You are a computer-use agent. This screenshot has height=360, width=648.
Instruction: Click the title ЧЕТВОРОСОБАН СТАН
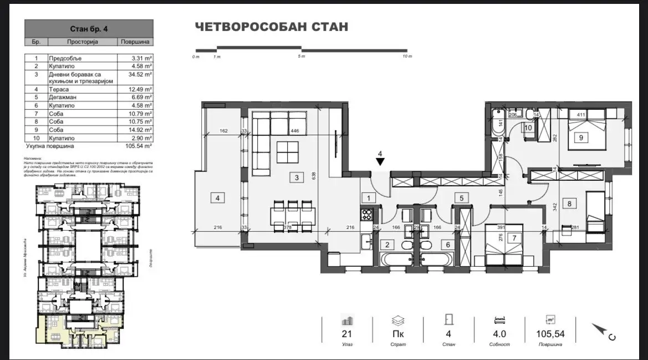tap(271, 27)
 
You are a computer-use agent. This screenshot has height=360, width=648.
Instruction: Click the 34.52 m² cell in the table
tap(136, 73)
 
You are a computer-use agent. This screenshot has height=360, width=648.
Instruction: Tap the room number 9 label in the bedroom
tap(580, 138)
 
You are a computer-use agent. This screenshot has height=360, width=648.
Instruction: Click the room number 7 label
tap(514, 238)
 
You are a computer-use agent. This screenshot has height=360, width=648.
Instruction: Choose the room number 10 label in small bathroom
tap(528, 128)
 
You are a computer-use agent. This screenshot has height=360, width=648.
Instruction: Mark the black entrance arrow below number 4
tap(380, 162)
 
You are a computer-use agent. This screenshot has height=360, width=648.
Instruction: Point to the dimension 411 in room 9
tap(581, 115)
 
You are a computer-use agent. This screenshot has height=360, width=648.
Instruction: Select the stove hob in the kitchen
tap(366, 214)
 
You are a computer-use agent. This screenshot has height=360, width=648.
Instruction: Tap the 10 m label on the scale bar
tap(407, 57)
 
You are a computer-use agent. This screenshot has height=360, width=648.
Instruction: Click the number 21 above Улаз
tap(348, 334)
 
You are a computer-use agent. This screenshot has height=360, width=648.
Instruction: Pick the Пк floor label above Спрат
tap(397, 334)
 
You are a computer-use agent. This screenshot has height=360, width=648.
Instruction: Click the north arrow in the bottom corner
tap(602, 331)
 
